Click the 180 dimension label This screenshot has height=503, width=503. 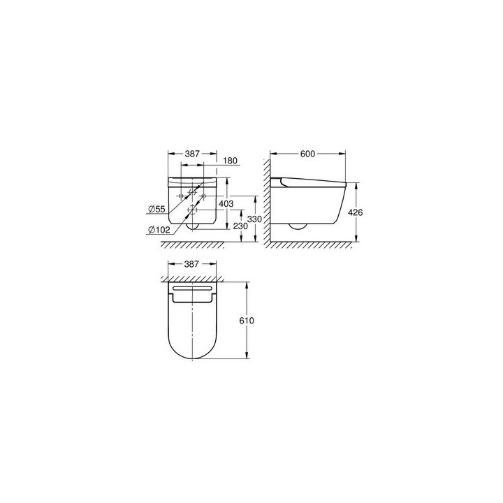(x=231, y=161)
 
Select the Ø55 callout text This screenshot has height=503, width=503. (x=156, y=208)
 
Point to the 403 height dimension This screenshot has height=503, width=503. (x=226, y=203)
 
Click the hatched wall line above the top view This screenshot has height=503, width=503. (x=192, y=279)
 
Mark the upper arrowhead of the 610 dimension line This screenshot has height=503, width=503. (x=245, y=284)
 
